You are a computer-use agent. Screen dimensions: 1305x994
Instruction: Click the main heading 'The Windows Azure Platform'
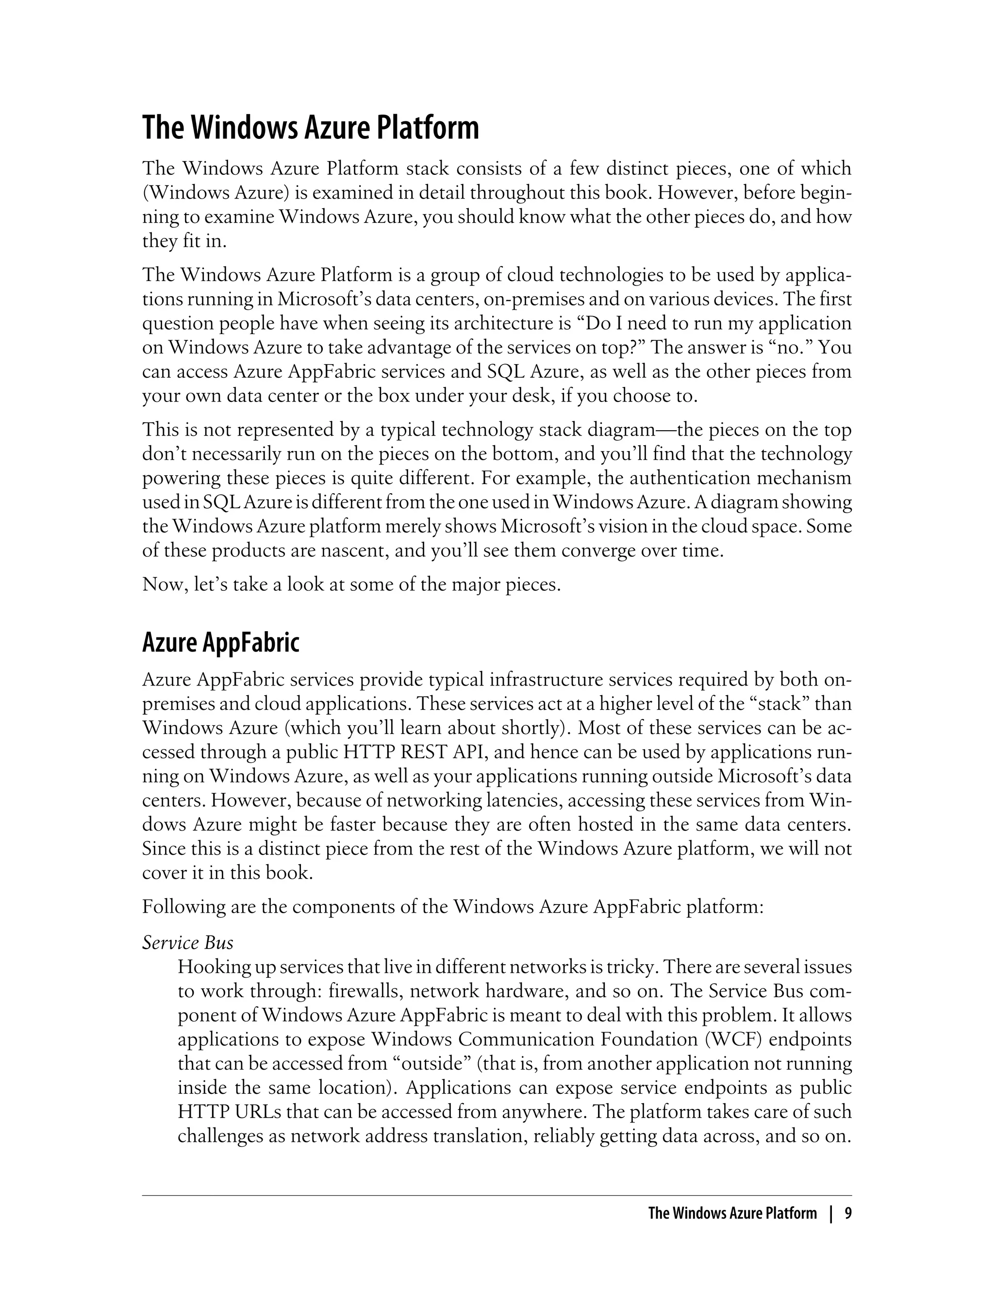(310, 129)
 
